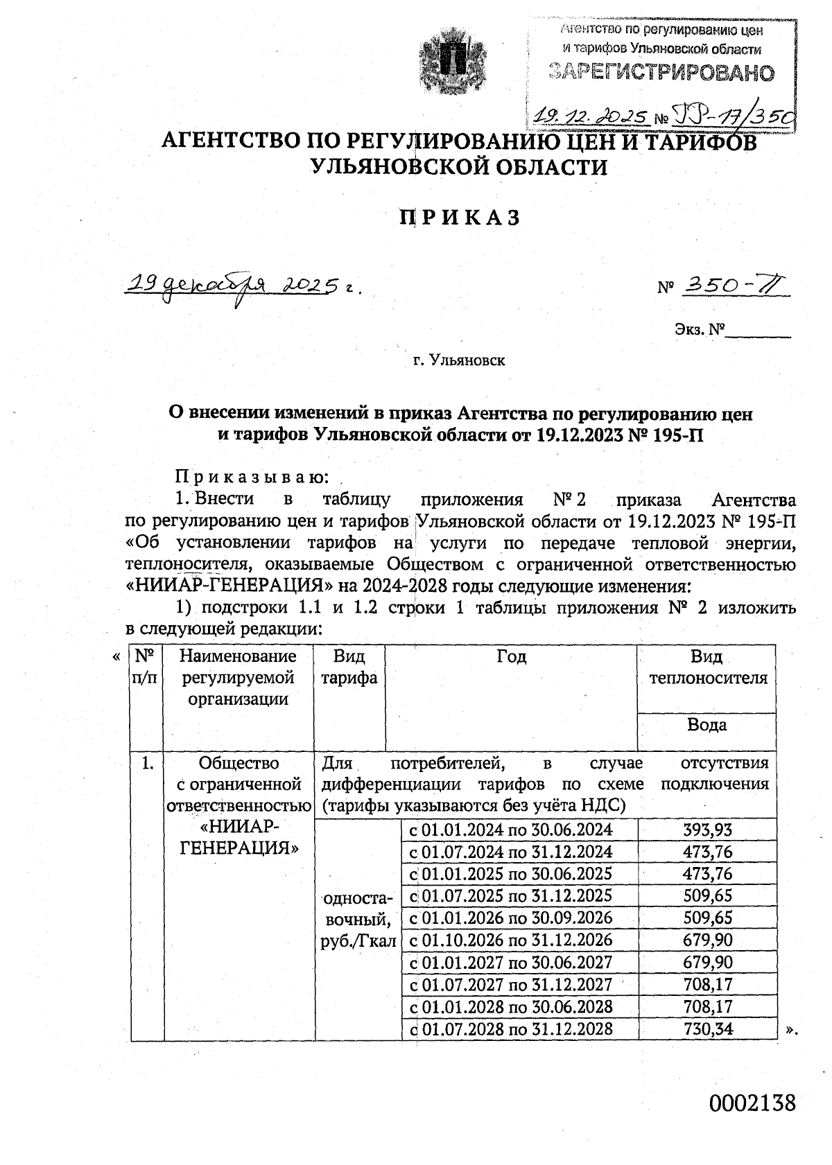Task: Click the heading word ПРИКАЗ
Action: point(460,218)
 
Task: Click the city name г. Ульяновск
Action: point(459,360)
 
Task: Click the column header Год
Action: point(511,656)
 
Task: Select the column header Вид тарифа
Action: point(349,667)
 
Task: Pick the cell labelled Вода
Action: point(707,725)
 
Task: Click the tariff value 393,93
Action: point(707,830)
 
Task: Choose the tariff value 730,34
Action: point(707,1028)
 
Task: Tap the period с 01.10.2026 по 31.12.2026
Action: point(511,940)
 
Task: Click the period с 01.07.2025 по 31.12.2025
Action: point(511,895)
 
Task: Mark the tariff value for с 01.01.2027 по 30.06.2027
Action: point(707,962)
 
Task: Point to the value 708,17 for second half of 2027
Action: point(707,984)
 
